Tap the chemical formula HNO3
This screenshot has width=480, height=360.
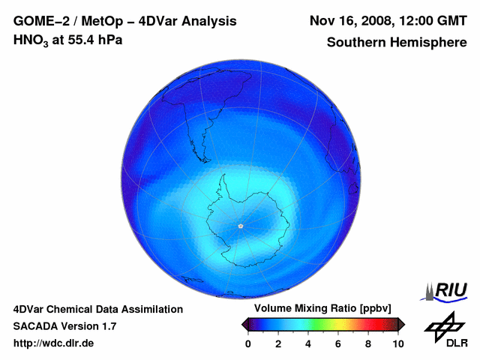tap(31, 40)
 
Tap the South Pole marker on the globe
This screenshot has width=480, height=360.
tap(240, 226)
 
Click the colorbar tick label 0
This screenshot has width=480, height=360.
tap(248, 343)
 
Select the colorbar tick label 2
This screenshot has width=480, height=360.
tap(278, 343)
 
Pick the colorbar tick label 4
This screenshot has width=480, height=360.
tap(308, 343)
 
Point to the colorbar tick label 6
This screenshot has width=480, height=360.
tap(338, 343)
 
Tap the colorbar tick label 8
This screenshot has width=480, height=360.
tap(368, 343)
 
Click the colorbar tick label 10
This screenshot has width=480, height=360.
tap(398, 343)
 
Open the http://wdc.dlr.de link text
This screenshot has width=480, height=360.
tap(54, 343)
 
